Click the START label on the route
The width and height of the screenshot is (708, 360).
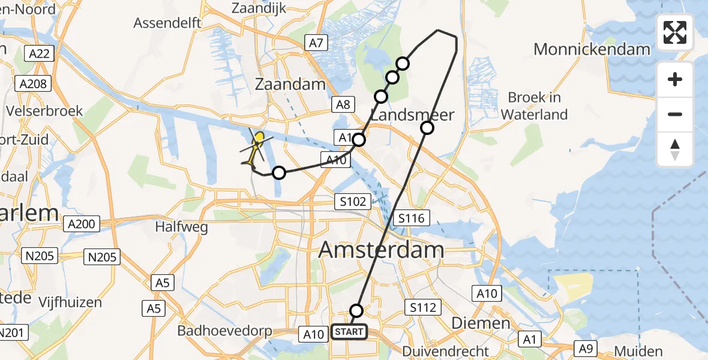349,332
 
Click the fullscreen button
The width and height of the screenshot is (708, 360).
675,32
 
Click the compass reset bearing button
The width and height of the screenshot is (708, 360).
675,149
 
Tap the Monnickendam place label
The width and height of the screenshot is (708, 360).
592,49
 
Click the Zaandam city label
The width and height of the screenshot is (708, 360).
290,85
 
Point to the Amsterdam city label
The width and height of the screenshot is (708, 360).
381,249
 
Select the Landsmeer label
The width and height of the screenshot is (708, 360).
412,115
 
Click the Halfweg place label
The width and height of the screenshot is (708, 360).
181,227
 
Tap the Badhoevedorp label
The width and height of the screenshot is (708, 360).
225,331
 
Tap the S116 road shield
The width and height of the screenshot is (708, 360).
411,218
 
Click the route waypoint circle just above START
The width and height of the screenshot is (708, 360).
356,310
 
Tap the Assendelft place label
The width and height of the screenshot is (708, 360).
167,23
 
